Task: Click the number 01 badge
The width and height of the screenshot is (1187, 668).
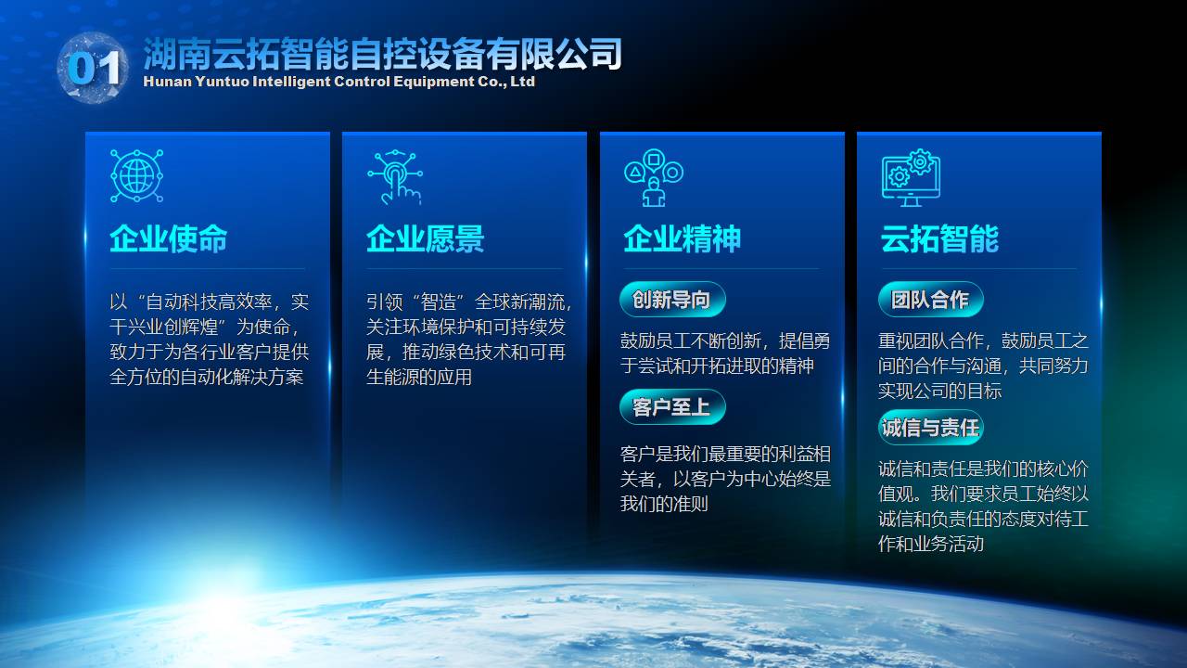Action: click(93, 68)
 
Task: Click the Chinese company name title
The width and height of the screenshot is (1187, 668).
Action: click(382, 54)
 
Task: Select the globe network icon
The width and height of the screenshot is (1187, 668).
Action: click(136, 175)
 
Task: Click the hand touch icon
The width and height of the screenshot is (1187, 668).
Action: click(395, 177)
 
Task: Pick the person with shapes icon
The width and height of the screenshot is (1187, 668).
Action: click(654, 177)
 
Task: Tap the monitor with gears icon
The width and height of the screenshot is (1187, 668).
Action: click(911, 177)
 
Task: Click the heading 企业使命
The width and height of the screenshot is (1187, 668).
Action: click(169, 238)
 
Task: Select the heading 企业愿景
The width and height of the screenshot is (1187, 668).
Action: click(426, 238)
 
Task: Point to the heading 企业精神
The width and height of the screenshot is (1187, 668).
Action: click(682, 238)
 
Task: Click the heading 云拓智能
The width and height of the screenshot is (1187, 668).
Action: click(939, 238)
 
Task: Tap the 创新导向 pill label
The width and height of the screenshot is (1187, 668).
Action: click(672, 300)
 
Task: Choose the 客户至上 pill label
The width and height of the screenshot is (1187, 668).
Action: click(672, 407)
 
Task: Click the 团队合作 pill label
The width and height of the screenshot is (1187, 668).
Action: click(930, 300)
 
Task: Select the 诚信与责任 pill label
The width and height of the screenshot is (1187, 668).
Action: click(930, 428)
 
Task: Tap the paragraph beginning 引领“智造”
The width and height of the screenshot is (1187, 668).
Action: click(469, 340)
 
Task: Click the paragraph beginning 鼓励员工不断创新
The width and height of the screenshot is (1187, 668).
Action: click(725, 353)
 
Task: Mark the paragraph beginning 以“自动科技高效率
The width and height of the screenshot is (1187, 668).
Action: click(210, 340)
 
